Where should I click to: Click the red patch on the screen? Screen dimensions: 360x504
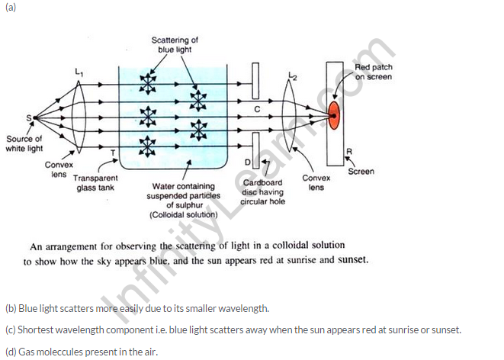(x=334, y=115)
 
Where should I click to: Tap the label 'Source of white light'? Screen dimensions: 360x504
(x=24, y=143)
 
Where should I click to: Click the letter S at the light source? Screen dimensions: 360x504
(x=29, y=117)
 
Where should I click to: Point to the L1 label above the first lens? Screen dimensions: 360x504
(x=77, y=72)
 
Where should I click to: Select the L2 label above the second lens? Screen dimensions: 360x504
(x=294, y=76)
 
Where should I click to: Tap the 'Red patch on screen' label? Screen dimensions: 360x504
(x=374, y=72)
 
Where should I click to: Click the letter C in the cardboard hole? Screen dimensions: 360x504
(x=257, y=110)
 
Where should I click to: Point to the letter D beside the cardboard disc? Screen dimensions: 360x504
(x=246, y=162)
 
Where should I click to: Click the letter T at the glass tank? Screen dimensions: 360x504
(x=113, y=153)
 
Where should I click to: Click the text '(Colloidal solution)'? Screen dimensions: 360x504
(x=184, y=215)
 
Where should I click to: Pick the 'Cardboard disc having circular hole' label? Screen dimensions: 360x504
(x=262, y=192)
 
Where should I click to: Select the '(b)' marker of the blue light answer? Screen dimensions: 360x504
(x=10, y=308)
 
